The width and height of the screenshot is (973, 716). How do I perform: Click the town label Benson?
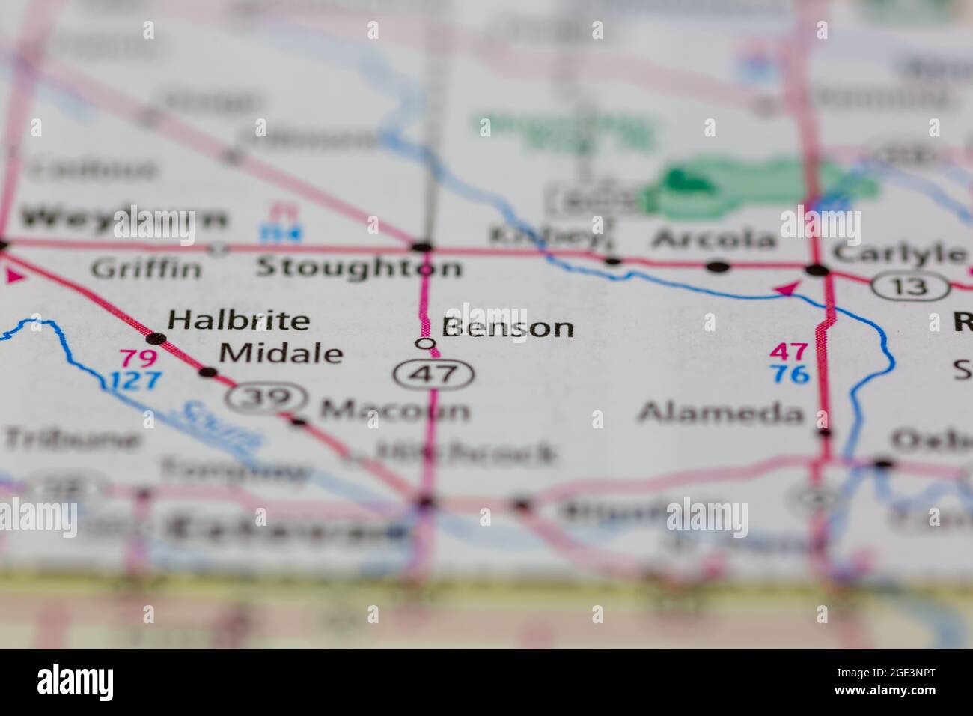[x=507, y=327]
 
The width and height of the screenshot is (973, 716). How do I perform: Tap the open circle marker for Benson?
[x=425, y=344]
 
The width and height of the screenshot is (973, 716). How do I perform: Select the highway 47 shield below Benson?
[x=434, y=374]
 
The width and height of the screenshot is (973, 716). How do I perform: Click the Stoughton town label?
[x=359, y=267]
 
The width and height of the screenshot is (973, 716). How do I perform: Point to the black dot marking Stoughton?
[x=422, y=246]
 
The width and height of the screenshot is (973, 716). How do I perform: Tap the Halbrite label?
[x=238, y=321]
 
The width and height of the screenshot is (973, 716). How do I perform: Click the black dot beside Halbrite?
[x=156, y=338]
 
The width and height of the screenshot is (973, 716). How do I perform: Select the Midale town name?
[x=281, y=353]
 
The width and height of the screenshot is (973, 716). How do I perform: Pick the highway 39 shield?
[x=267, y=398]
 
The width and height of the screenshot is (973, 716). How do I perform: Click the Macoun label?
[x=394, y=410]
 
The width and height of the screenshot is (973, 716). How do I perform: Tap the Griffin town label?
[x=146, y=268]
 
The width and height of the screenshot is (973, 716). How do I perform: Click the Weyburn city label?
[x=123, y=219]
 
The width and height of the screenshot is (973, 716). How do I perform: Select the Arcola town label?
[x=713, y=240]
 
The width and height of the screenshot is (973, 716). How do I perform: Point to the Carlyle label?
[x=898, y=253]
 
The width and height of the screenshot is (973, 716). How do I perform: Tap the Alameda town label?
[x=721, y=413]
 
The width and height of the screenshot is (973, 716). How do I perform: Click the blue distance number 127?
[x=135, y=380]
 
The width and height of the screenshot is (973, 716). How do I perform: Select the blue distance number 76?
[x=790, y=374]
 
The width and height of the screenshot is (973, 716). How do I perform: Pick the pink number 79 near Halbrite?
[x=138, y=359]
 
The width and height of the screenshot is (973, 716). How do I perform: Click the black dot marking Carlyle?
[x=817, y=270]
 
